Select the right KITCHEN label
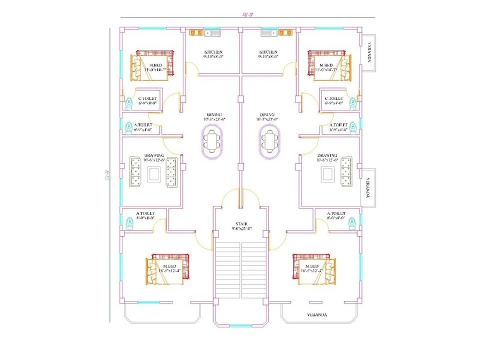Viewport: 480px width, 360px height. [268, 52]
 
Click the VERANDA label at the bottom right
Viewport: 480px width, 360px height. [317, 315]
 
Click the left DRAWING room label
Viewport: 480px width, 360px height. [154, 156]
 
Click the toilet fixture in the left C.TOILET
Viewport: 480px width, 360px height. [128, 103]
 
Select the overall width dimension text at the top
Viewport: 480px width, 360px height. [248, 15]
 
